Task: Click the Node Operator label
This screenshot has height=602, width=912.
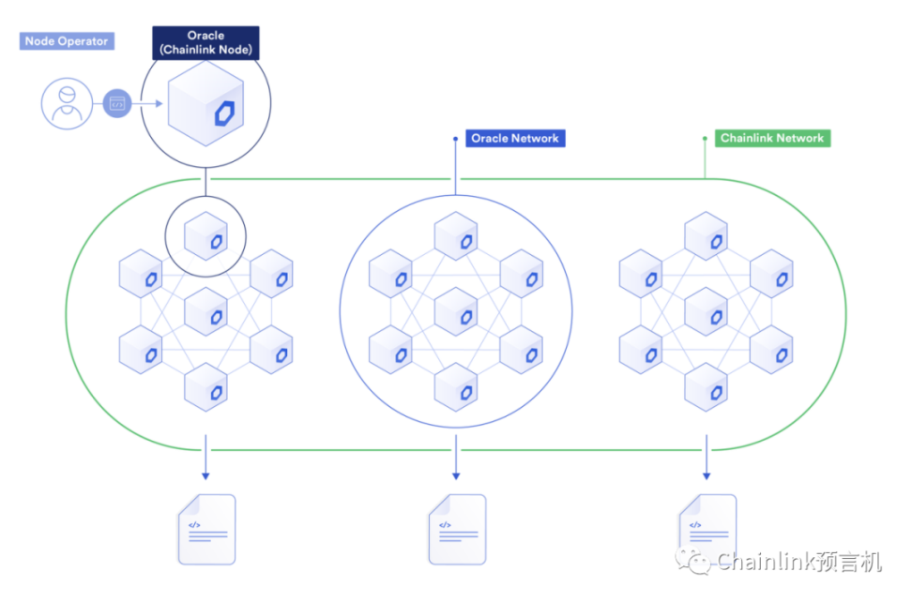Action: (x=67, y=41)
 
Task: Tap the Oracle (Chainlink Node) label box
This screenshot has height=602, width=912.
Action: (x=205, y=43)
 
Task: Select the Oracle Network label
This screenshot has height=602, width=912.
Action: (x=515, y=139)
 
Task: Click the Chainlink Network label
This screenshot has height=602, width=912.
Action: (x=772, y=139)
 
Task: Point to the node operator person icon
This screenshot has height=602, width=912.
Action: (x=67, y=104)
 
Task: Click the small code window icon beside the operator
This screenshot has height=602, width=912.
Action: (x=117, y=104)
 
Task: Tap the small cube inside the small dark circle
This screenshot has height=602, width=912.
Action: (x=205, y=236)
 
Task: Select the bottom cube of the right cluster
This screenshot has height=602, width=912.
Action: (x=706, y=385)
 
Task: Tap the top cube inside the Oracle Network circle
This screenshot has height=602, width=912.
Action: (x=456, y=236)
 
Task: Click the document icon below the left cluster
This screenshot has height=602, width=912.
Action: (x=206, y=529)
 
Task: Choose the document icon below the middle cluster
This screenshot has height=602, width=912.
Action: (x=457, y=529)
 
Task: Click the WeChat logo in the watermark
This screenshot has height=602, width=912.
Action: (x=699, y=562)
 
